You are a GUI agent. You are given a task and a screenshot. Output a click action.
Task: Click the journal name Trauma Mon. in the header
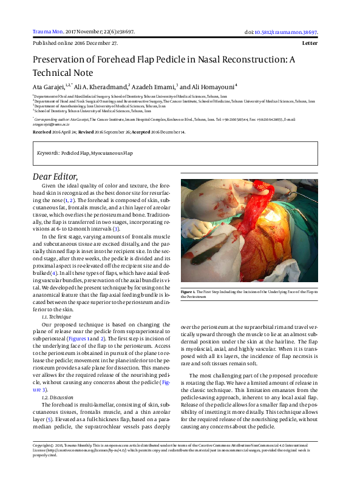(45, 31)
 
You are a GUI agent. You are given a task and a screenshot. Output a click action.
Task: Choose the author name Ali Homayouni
(213, 86)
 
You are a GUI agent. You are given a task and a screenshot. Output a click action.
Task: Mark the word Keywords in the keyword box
(48, 153)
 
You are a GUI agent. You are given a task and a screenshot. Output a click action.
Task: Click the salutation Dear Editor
(58, 176)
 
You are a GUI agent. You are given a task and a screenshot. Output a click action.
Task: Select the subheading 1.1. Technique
(56, 317)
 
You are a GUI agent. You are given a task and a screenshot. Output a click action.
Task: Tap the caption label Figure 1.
(189, 292)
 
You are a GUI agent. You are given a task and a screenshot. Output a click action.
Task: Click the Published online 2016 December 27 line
(75, 44)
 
